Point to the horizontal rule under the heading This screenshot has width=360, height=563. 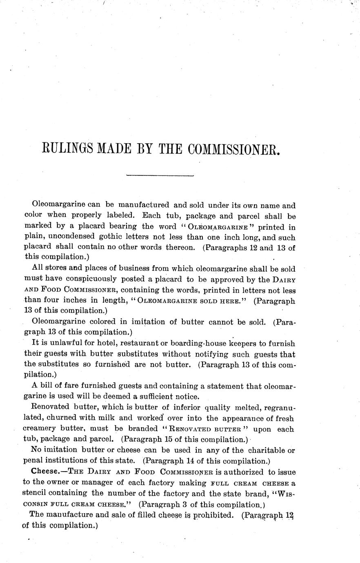160,176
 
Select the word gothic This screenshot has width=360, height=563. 135,237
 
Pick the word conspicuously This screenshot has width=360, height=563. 89,279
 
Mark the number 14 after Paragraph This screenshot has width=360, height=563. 184,461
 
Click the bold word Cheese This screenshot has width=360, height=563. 46,472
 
